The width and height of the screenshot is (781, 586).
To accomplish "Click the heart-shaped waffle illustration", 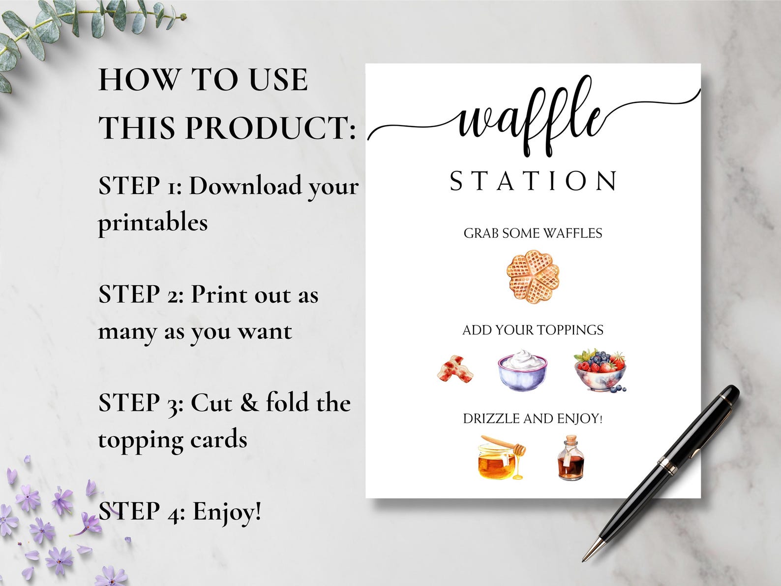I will click(533, 277).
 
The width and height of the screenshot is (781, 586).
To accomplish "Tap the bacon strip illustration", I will click(455, 370).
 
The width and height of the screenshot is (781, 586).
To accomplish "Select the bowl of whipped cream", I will click(522, 371).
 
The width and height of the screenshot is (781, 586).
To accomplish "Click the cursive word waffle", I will click(531, 118).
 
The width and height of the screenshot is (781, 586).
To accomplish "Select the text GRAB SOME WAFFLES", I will click(533, 233).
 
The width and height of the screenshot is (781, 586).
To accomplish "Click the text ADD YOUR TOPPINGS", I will click(533, 330).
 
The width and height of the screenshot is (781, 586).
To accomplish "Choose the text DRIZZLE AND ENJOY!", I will click(533, 419).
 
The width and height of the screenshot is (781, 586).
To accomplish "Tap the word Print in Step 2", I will click(219, 294).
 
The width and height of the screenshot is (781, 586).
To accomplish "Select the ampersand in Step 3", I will click(249, 403).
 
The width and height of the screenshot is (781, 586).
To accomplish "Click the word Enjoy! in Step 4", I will click(226, 511).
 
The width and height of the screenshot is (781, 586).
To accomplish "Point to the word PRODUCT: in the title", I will click(270, 127).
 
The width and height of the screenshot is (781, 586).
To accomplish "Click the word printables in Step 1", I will click(153, 223).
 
